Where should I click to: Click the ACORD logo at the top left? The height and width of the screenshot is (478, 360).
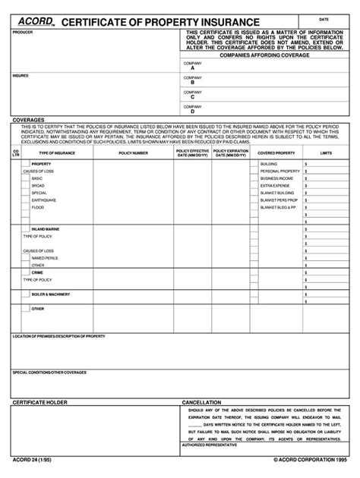point(35,21)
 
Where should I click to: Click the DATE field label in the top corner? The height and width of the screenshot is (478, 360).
point(324,18)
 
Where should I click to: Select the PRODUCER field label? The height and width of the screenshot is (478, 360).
point(23,33)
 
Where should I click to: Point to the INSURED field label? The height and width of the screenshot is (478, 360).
point(21,76)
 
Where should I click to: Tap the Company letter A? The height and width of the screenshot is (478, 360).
point(193,68)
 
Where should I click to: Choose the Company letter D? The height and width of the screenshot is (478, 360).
point(193,112)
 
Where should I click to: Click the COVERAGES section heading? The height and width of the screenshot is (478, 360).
point(27,120)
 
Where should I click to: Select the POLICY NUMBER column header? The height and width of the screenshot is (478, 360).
point(134,153)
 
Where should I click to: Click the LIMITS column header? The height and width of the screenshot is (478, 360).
point(327,153)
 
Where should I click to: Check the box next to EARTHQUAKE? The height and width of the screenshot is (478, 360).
point(27,200)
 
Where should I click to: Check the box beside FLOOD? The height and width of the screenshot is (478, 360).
point(27,207)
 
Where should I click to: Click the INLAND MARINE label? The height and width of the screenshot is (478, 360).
point(45,228)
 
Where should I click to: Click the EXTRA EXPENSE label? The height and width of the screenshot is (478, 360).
point(273,185)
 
